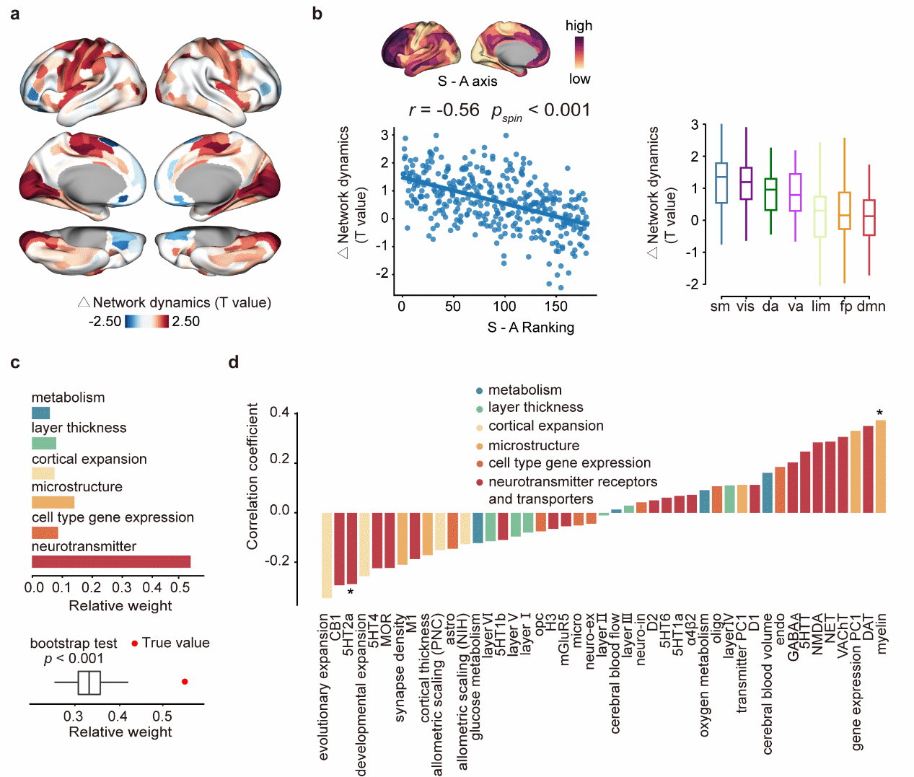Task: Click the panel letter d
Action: click(233, 363)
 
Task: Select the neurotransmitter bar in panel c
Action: click(111, 562)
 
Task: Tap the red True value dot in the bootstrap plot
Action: click(185, 682)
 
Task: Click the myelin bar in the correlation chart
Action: click(881, 466)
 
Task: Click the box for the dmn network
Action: click(869, 217)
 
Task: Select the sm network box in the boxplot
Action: click(721, 183)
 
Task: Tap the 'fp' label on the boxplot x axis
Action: click(845, 306)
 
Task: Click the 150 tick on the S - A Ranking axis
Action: click(555, 306)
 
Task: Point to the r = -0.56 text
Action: click(444, 110)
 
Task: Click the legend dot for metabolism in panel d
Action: click(480, 391)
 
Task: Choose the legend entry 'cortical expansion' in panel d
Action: click(545, 426)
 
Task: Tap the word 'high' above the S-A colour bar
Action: click(579, 26)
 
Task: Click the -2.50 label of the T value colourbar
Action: click(105, 322)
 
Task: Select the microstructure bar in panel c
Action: click(53, 502)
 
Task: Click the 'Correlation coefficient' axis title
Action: click(252, 476)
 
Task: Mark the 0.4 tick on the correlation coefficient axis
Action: click(280, 413)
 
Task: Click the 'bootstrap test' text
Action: click(74, 643)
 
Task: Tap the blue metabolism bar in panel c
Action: click(40, 413)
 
